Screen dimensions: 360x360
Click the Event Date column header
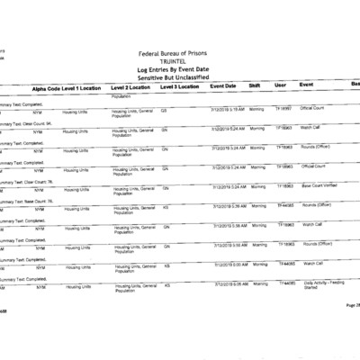(224, 86)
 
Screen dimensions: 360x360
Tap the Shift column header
(256, 86)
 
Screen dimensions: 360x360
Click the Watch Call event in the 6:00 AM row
(312, 264)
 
